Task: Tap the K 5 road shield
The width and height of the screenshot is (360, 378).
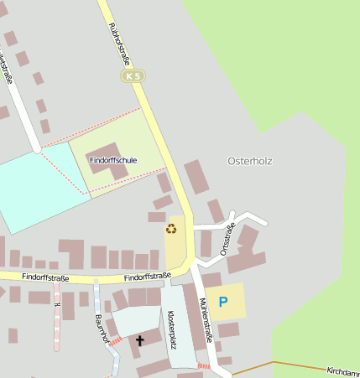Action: coord(133,76)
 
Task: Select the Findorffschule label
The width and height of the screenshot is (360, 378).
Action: coord(113,159)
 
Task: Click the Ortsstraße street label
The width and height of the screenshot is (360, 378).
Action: coord(227,239)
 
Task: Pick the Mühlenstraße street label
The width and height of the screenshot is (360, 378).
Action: coord(206,324)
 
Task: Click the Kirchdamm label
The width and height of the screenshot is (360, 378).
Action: coord(343,370)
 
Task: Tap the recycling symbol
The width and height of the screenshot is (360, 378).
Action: coord(172,228)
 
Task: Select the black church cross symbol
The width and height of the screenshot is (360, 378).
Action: coord(139,340)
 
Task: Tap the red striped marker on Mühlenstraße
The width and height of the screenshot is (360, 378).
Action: coord(204,365)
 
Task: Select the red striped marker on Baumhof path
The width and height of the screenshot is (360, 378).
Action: coord(116,341)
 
